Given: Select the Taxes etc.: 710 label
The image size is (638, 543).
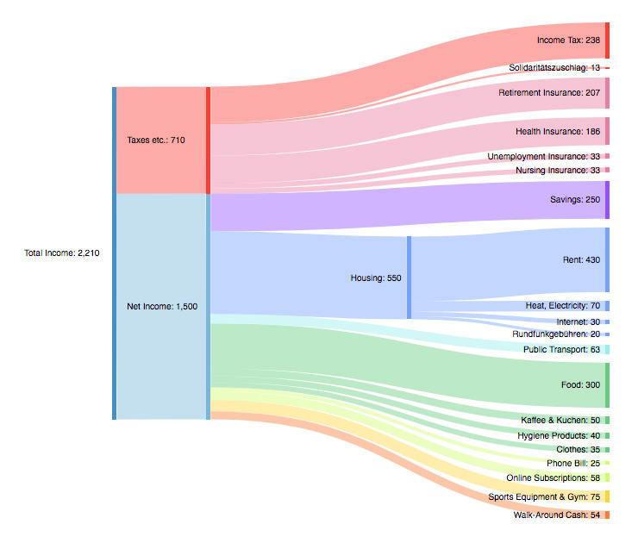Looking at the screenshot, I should click(156, 140).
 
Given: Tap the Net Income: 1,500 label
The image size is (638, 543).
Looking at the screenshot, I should click(162, 306).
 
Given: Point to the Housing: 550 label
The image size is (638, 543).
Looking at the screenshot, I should click(376, 278).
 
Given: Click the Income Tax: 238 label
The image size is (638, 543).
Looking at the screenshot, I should click(568, 41).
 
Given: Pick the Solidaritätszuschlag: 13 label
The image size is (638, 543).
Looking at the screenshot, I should click(554, 67).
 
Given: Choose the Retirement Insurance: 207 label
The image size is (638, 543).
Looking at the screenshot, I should click(549, 92).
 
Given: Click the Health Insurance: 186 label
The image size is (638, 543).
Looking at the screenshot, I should click(558, 131).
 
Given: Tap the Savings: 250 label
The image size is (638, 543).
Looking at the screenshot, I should click(575, 200).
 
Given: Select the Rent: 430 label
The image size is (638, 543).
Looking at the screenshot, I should click(580, 259).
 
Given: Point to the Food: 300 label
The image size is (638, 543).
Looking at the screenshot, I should click(580, 384).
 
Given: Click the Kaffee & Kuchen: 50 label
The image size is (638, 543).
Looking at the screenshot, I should click(560, 420).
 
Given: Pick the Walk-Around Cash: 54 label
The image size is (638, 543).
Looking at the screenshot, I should click(556, 515).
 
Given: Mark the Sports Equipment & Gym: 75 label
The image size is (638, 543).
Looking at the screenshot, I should click(544, 496).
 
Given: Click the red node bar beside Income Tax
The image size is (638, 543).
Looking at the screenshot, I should click(607, 41).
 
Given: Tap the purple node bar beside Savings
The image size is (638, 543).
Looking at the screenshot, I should click(607, 200).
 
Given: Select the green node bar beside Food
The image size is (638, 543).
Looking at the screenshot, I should click(607, 384).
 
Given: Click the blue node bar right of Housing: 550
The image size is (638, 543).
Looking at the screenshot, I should click(409, 278).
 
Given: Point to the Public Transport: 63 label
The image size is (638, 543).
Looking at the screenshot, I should click(561, 349).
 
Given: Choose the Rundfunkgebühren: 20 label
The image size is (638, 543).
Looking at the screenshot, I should click(556, 334).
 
